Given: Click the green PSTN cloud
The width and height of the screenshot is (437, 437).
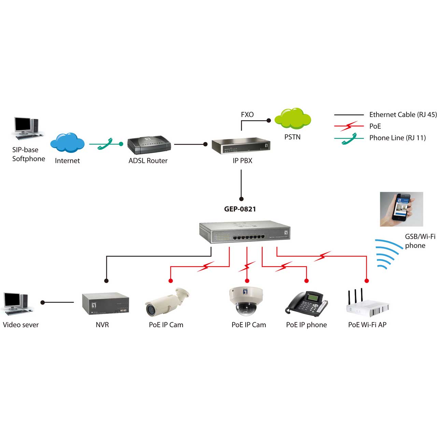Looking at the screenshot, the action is click(292, 118).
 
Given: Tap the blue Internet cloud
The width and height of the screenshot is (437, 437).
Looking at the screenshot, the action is click(67, 142).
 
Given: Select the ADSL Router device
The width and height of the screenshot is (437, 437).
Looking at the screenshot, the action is click(149, 145).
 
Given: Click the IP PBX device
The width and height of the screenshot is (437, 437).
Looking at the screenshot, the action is click(241, 146).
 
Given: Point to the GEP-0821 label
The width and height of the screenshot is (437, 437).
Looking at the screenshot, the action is click(240, 209).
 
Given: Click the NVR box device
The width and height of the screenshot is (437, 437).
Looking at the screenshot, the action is click(105, 304).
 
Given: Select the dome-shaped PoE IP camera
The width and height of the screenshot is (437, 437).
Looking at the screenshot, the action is click(246, 301).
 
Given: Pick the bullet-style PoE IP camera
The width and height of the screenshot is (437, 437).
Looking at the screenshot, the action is click(167, 302).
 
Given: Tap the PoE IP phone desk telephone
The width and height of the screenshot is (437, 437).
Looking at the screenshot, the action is click(306, 304).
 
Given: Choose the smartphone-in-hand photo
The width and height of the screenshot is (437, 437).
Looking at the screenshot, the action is click(401, 209).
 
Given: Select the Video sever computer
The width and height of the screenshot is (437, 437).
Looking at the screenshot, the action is click(18, 304).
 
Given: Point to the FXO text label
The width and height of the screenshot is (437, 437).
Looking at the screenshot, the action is click(247, 114).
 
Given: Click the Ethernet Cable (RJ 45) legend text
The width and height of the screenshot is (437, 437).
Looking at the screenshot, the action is click(403, 114).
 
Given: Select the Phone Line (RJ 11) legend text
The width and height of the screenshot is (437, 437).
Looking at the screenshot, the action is click(397, 138).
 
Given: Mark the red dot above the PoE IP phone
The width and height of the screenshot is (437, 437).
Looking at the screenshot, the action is click(306, 281).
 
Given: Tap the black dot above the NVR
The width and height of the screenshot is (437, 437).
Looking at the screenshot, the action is click(107, 281).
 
